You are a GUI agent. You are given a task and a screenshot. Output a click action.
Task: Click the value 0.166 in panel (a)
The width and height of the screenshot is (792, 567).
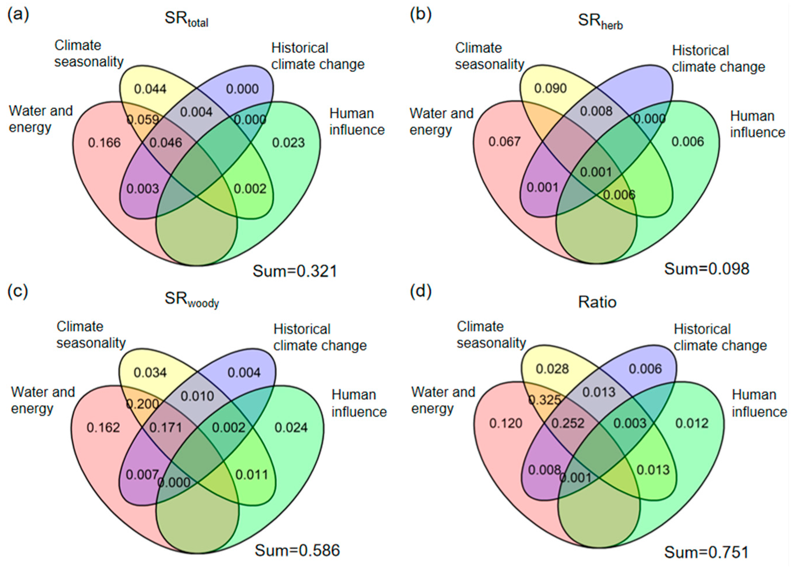pos(104,143)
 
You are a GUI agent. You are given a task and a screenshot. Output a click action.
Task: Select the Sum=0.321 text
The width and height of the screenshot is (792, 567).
pos(295,271)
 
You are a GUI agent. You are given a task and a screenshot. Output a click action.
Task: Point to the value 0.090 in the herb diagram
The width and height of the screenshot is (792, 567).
pos(550,88)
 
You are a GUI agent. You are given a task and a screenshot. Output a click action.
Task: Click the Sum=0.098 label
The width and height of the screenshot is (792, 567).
pos(706,268)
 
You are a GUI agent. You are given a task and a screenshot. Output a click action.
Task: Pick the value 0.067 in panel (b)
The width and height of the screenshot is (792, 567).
pos(505,142)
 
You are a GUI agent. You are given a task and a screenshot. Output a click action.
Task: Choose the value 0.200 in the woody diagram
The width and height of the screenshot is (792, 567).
pos(142,404)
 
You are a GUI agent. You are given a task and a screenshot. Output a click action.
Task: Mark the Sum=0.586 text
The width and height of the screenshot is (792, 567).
pos(297,550)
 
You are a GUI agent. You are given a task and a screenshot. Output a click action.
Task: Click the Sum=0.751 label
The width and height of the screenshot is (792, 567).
pos(706,552)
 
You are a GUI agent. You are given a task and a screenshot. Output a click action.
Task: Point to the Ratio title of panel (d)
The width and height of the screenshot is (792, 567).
pos(597,302)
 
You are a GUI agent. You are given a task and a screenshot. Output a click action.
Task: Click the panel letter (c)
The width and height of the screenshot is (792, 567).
pos(18,292)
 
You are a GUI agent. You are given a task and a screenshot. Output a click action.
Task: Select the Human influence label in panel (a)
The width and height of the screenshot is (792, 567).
pos(357,122)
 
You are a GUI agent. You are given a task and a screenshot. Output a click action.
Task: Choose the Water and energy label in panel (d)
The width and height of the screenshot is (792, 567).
pos(443,400)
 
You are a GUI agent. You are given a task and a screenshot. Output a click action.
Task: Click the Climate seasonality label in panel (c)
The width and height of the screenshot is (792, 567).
pos(91,335)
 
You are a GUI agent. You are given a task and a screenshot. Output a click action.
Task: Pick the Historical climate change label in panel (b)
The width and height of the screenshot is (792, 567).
pos(718,59)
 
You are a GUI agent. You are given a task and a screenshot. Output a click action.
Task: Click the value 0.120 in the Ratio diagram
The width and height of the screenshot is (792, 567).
pos(506,423)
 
